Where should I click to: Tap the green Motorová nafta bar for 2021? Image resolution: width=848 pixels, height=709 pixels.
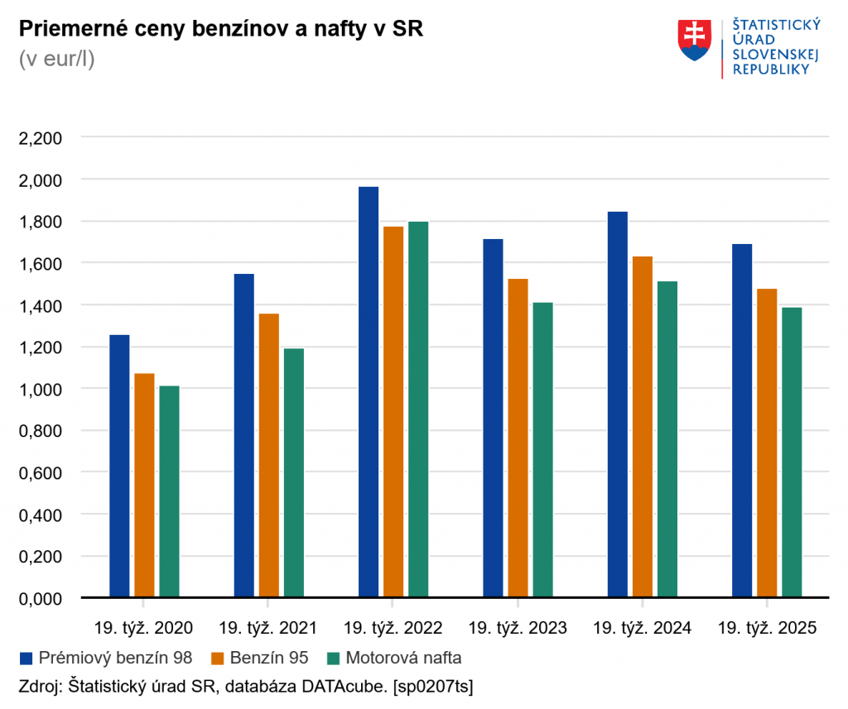(294, 472)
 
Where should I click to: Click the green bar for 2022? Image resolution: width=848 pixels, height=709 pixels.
(418, 409)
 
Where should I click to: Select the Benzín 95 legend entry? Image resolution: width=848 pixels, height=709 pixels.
(260, 659)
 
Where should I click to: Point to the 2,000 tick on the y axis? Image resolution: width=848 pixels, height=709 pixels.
(41, 180)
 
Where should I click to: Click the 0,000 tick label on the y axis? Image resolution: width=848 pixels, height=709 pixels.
(41, 598)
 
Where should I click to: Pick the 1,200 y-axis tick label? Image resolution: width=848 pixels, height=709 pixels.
(41, 347)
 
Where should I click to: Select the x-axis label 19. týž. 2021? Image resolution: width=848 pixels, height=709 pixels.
(268, 628)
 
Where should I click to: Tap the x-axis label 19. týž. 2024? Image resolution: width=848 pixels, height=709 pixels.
(643, 628)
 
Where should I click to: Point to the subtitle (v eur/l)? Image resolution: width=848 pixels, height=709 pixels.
(56, 60)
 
